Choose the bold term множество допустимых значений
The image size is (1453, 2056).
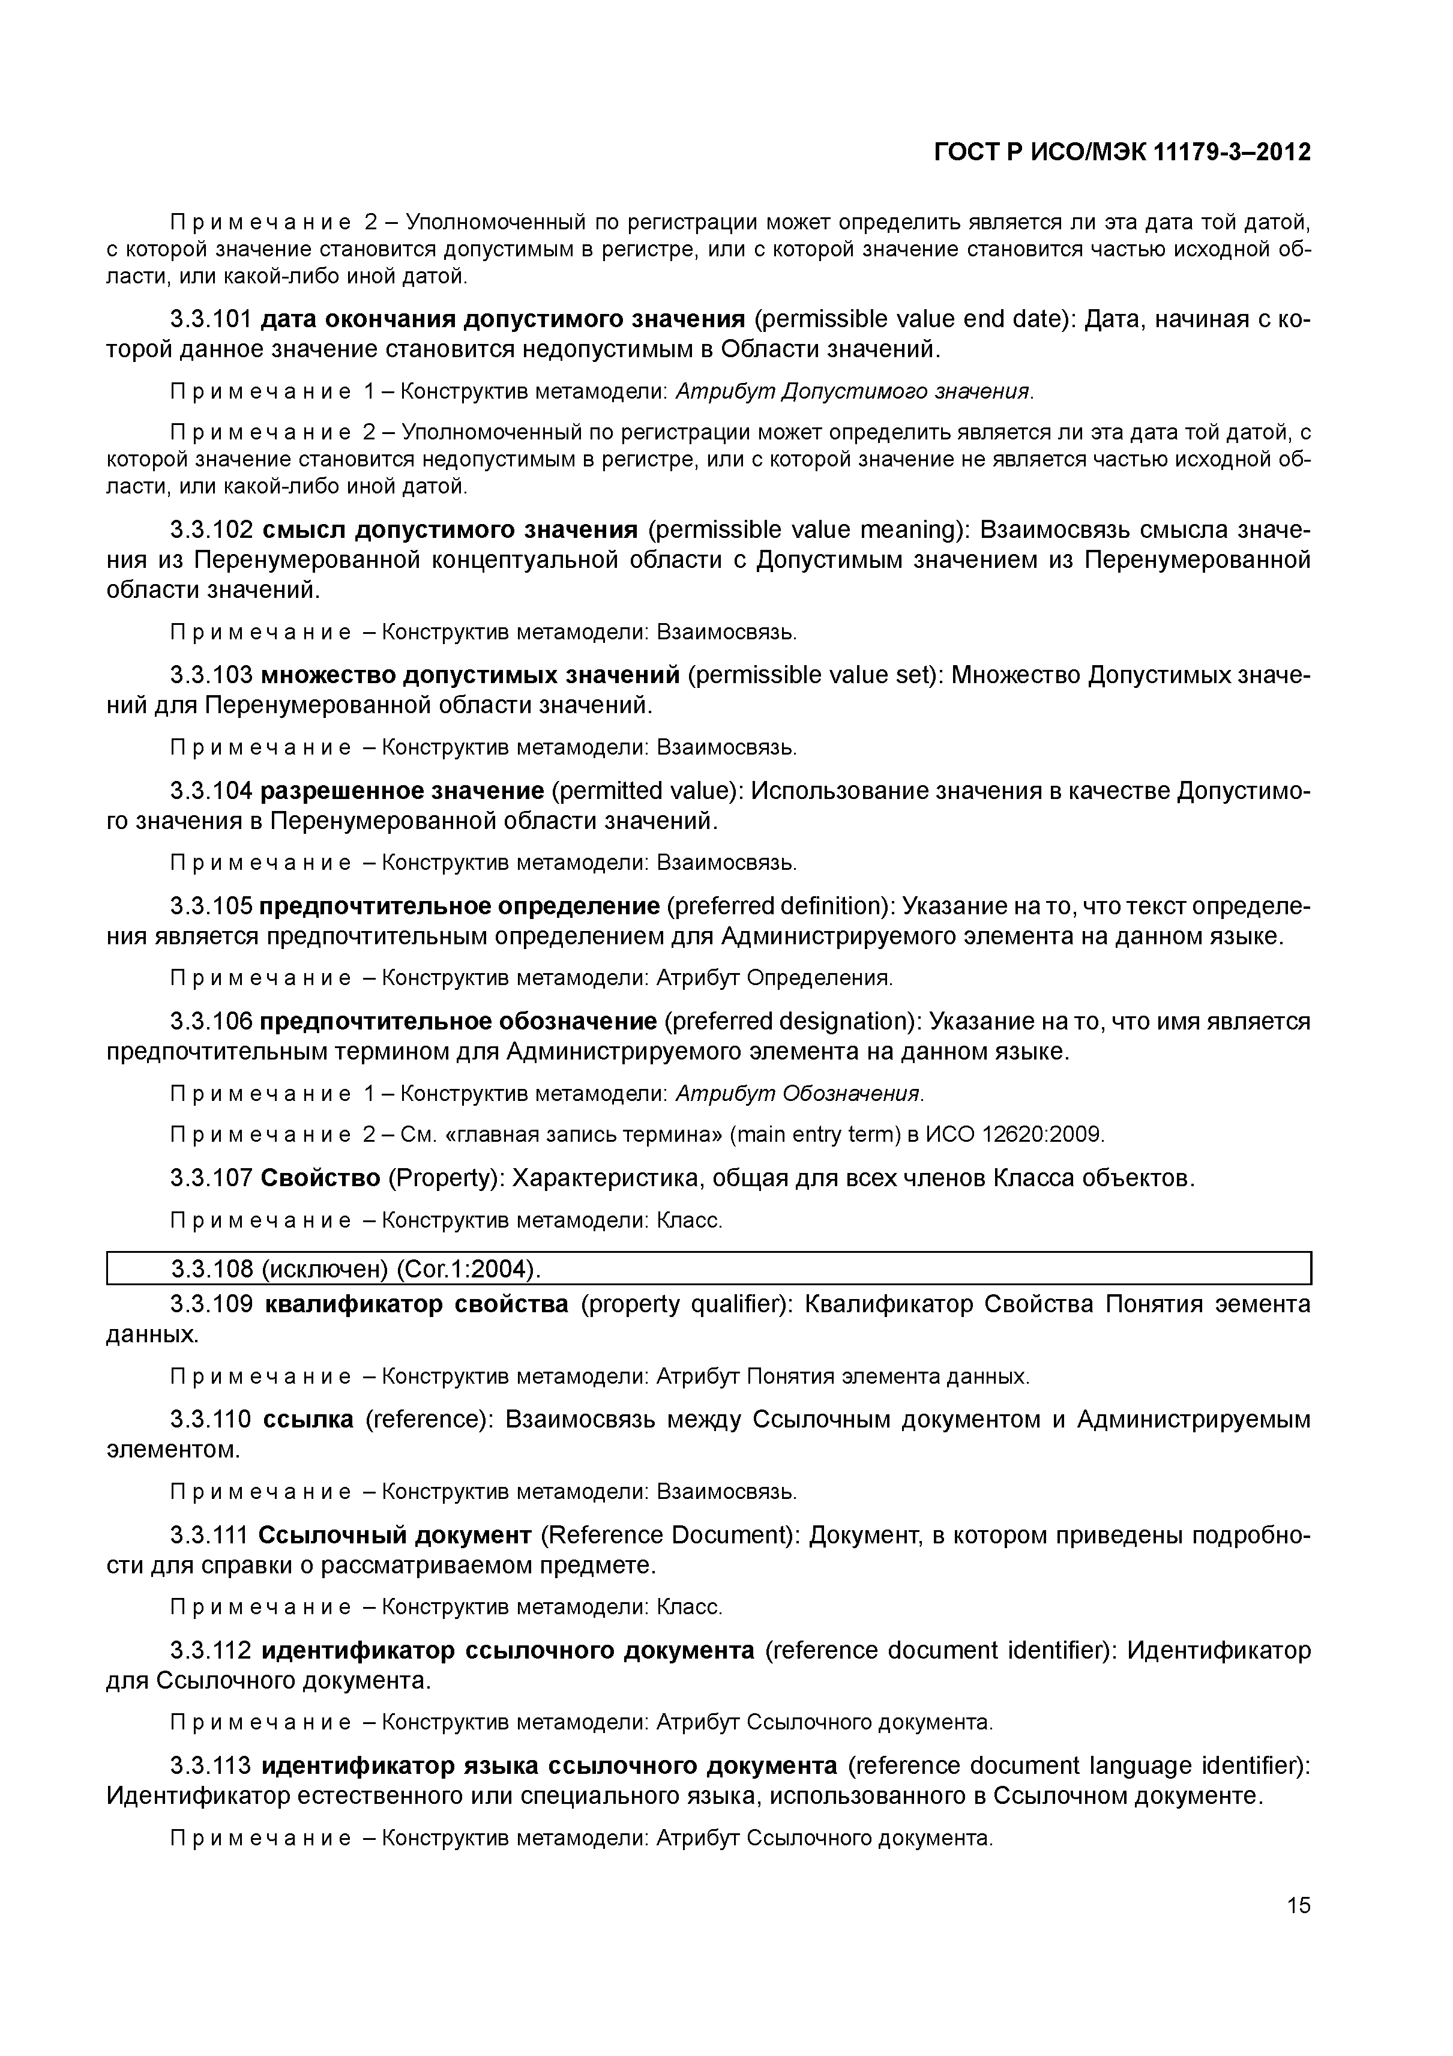click(470, 674)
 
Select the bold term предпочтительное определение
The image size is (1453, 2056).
click(459, 906)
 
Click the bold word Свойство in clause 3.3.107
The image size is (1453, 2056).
click(320, 1178)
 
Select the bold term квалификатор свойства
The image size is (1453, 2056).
click(417, 1304)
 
